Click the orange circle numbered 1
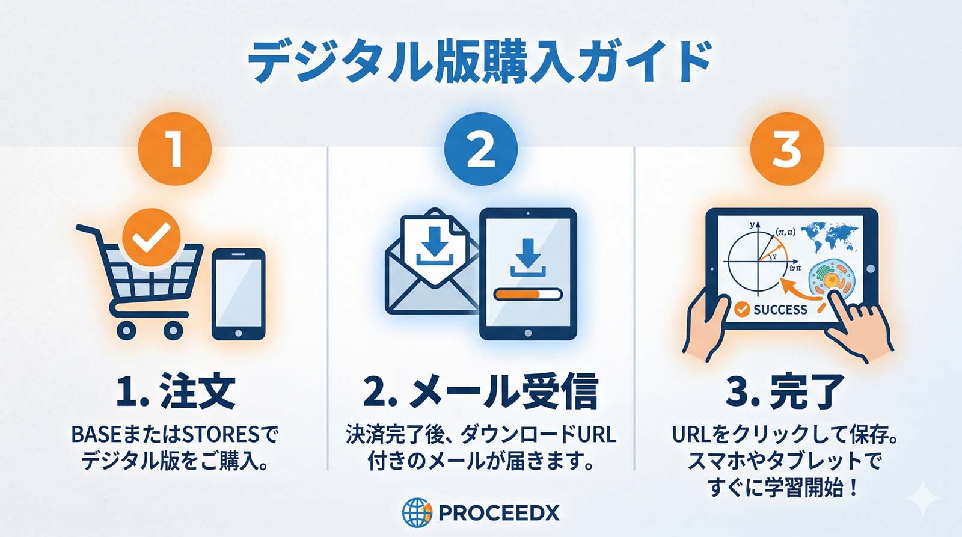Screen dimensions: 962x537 coord(175,149)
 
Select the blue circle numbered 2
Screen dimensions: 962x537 coord(480,149)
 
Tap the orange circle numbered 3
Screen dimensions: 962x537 coord(787,149)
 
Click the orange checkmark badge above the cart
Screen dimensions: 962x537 coord(151,238)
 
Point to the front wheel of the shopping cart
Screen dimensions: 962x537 coord(173,330)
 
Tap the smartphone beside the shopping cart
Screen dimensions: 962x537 coord(239,294)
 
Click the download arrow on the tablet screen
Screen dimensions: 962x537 coord(528,258)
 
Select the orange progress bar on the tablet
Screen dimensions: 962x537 coord(528,294)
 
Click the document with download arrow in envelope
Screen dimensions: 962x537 coord(435,248)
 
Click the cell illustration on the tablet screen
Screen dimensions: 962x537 coord(832,280)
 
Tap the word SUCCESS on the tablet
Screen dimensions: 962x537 coord(780,309)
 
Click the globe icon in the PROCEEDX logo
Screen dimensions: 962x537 coord(417,512)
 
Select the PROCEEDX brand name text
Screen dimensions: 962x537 coord(499,512)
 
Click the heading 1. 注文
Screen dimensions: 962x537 coord(176,391)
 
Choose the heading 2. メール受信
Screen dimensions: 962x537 coord(480,391)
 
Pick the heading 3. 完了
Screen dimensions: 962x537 coord(785,391)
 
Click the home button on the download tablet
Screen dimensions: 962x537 coord(528,333)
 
